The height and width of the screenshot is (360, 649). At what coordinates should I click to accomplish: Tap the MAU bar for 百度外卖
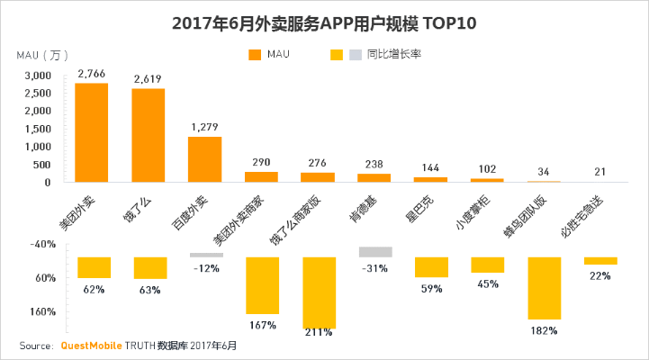click(204, 159)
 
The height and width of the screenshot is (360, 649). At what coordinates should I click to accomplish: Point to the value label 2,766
click(92, 73)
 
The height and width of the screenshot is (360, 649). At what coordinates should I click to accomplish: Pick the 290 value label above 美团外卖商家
click(261, 162)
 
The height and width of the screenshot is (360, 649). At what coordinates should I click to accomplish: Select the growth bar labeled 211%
click(319, 292)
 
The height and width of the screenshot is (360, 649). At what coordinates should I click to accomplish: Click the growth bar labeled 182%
click(545, 288)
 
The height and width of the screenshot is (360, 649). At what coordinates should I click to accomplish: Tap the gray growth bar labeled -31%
click(375, 252)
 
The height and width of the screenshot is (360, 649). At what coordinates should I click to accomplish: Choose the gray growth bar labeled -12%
click(206, 255)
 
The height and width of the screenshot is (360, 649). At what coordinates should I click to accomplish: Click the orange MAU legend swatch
click(254, 55)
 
